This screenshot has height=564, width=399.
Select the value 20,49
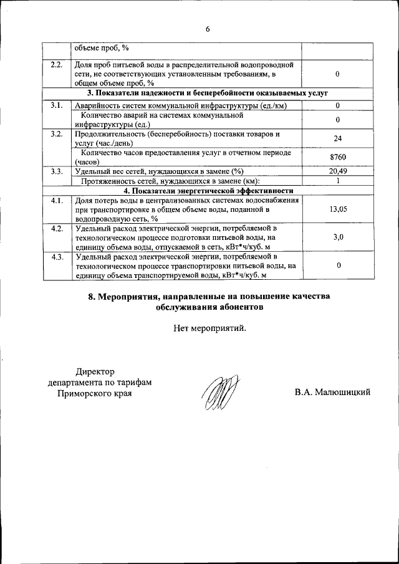(x=337, y=171)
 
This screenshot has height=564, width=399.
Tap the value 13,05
(x=337, y=209)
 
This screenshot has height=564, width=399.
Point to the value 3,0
(x=337, y=237)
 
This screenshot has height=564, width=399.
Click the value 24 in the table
(x=337, y=138)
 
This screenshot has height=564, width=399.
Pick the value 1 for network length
(x=337, y=181)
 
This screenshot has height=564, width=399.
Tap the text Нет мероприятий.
(x=210, y=328)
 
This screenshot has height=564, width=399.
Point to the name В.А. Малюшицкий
(x=333, y=392)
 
